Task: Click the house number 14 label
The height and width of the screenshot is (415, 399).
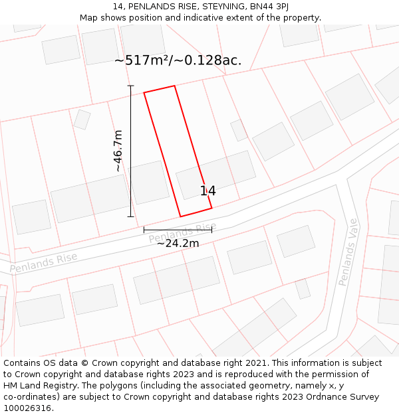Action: tap(207, 191)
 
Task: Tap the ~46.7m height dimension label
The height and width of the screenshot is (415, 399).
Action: tap(118, 151)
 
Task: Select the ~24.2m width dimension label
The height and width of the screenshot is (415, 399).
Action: tap(178, 243)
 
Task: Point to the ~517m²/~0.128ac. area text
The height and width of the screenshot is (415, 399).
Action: tap(178, 60)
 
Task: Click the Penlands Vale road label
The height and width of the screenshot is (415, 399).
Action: tap(348, 252)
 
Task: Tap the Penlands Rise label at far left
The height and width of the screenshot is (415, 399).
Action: tap(43, 262)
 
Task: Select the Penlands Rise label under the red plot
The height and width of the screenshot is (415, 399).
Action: tap(178, 233)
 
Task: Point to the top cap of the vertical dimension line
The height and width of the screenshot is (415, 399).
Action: tap(131, 86)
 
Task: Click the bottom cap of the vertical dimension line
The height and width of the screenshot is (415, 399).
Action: tap(131, 216)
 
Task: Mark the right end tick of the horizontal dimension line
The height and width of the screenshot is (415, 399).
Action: tap(211, 230)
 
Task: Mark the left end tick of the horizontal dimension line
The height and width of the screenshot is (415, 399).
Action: tap(144, 230)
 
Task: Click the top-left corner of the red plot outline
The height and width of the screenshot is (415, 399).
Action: tap(144, 93)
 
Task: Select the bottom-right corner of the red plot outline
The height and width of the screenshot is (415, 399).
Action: tap(211, 208)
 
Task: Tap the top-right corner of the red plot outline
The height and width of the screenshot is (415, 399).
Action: tap(174, 86)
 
